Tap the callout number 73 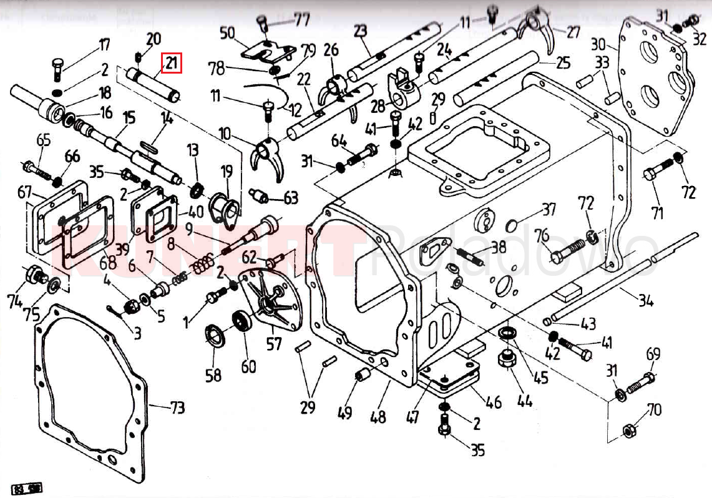(177, 409)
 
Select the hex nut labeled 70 (630, 431)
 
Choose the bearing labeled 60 (241, 321)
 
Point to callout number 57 (274, 343)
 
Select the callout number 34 (645, 301)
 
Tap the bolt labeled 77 (263, 24)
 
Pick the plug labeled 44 (505, 359)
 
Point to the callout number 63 (291, 198)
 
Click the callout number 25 (563, 63)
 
